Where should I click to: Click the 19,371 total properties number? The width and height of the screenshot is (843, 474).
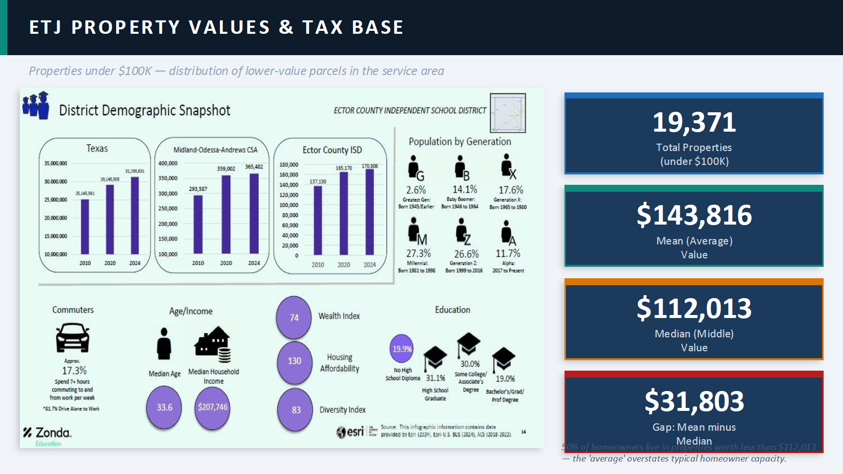point(694,122)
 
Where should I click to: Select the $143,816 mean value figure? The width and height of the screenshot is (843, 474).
point(694,215)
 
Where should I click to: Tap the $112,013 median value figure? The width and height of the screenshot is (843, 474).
point(694,308)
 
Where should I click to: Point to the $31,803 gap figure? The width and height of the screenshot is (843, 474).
point(694,401)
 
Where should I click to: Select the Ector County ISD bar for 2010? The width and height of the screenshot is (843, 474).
point(318,220)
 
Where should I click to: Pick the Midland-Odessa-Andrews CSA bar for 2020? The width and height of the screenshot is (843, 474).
point(226,214)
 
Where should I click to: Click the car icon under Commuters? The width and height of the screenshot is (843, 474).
point(72,337)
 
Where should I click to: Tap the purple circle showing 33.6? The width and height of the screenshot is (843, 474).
point(164,407)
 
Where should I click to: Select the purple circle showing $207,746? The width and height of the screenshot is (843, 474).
point(212,407)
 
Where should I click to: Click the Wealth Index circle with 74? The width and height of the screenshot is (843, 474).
point(294,317)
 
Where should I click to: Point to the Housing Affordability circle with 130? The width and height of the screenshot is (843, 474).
point(294,361)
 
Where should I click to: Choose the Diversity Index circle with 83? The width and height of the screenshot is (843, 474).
point(296,410)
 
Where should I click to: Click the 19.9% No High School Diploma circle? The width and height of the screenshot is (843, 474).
point(402,349)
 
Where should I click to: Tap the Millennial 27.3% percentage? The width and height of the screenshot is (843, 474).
point(419,253)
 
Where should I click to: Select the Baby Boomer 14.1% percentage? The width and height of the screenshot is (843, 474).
point(465,189)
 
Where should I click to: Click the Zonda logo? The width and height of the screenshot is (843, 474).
point(48,433)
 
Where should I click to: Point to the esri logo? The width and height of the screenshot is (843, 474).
point(351,432)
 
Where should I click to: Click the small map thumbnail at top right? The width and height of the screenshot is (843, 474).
point(507,112)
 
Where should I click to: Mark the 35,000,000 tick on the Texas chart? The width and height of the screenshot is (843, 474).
point(56,163)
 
